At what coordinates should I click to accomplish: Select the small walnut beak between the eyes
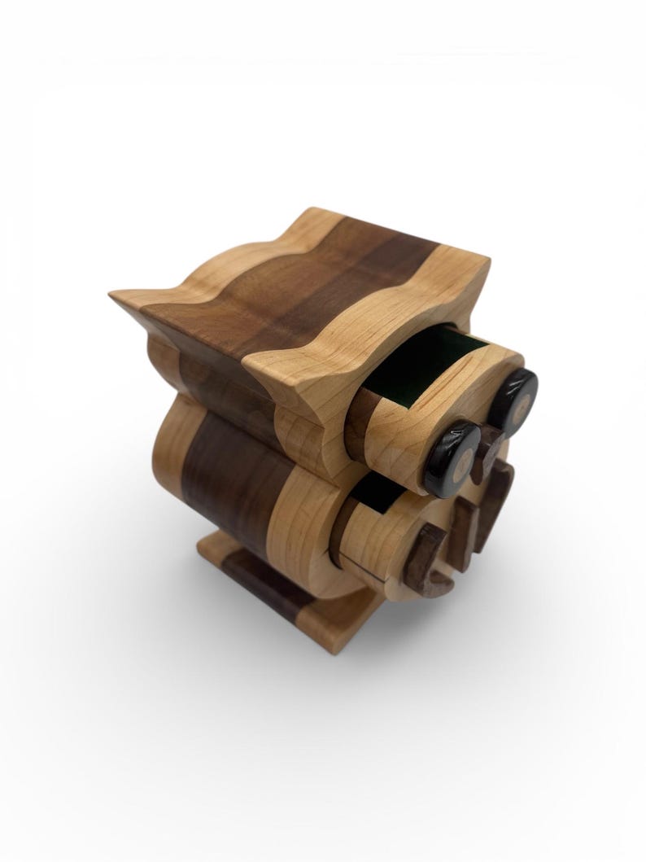coord(490,444)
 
